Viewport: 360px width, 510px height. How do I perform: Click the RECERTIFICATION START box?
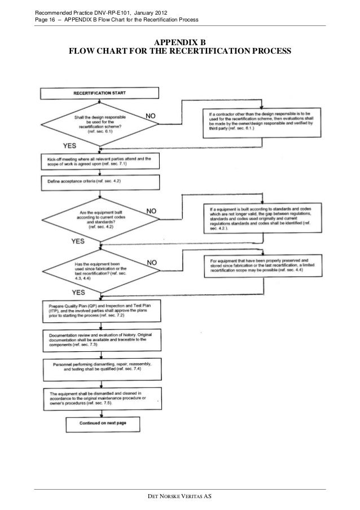(x=99, y=93)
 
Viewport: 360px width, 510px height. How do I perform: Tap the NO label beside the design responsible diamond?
(x=151, y=115)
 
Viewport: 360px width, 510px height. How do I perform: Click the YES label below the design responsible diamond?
(x=69, y=146)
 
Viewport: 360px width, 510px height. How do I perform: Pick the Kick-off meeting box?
(x=100, y=162)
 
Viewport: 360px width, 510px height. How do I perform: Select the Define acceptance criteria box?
(x=100, y=182)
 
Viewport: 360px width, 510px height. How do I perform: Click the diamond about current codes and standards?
(x=99, y=217)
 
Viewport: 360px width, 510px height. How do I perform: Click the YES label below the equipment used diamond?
(x=78, y=293)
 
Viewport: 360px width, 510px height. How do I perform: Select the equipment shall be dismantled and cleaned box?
(x=100, y=397)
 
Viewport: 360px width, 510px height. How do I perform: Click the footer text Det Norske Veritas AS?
(x=180, y=496)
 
